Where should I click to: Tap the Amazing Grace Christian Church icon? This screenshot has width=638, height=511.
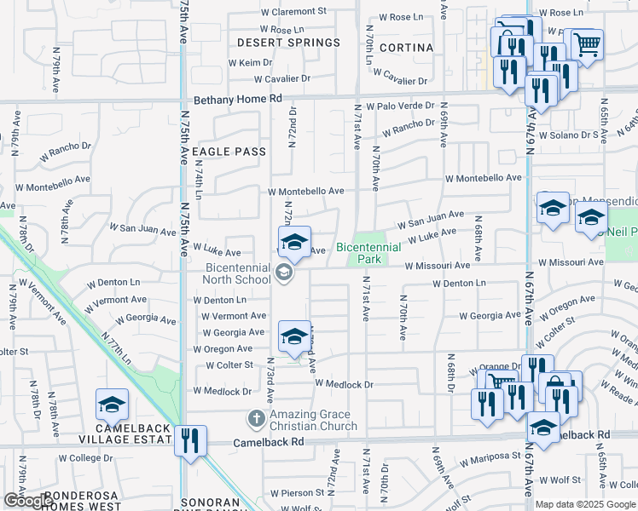(x=255, y=419)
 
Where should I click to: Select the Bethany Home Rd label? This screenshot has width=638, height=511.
(x=238, y=99)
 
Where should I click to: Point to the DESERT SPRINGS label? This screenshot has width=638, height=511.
(x=288, y=43)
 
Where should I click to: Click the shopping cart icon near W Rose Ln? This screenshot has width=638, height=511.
(x=586, y=44)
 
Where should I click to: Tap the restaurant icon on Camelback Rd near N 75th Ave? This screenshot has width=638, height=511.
(x=191, y=441)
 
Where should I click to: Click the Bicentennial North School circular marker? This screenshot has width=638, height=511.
(x=285, y=273)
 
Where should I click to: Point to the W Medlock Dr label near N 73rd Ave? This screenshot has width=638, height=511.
(x=222, y=391)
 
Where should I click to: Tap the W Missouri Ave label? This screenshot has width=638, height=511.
(x=438, y=266)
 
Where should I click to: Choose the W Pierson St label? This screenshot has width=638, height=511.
(x=293, y=493)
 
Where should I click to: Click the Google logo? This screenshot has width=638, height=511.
(x=27, y=501)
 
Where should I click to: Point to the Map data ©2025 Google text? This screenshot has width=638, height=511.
(x=585, y=504)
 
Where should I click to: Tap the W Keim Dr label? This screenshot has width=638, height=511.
(x=251, y=63)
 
